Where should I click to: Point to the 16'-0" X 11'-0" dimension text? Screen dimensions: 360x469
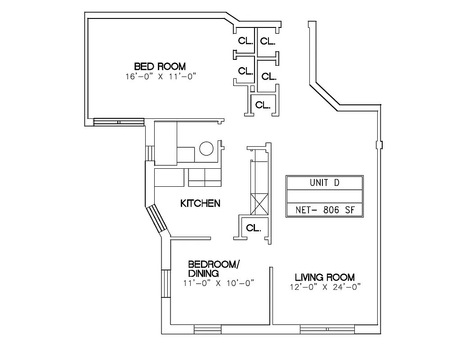coord(161,76)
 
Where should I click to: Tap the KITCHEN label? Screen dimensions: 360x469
coord(200,203)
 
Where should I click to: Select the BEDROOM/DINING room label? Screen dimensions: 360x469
coord(213,268)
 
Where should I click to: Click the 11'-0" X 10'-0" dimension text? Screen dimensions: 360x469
coord(219,283)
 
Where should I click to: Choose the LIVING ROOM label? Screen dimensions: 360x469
coord(324,277)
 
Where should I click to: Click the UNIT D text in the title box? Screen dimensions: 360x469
coord(324,183)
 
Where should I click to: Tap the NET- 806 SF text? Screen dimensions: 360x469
coord(324,210)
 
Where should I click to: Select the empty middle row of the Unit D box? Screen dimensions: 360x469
coord(324,196)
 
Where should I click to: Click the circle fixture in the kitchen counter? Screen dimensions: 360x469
coord(206,148)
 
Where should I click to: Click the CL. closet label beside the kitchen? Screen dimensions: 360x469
coord(254,228)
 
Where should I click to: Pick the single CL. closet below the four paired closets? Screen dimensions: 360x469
coord(263,105)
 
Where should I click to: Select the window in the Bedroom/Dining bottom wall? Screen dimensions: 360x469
coord(208,330)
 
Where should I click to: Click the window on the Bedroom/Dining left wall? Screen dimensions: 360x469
coord(165,283)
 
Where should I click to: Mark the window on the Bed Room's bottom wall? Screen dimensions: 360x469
coord(118,122)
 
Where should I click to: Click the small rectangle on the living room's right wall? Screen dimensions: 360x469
coord(380,144)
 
